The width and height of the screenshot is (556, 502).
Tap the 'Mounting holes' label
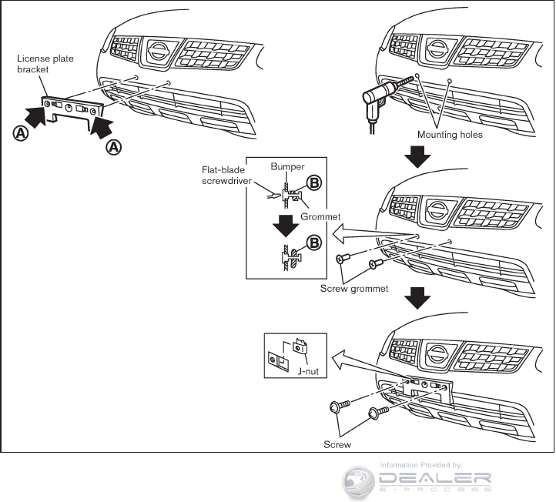tap(450, 134)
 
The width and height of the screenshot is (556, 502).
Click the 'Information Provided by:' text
tap(420, 465)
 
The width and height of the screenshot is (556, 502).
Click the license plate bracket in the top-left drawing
tap(71, 110)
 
